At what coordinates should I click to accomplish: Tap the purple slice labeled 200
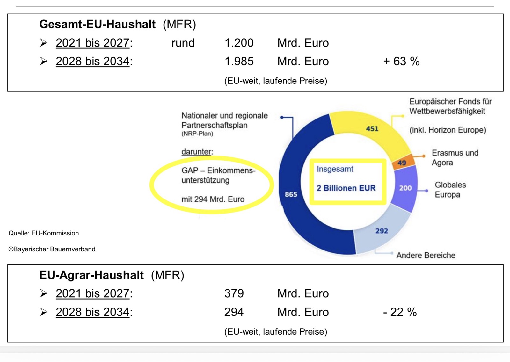(x=405, y=188)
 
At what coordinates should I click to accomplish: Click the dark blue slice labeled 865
(x=291, y=194)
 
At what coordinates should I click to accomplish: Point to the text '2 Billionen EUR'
(x=346, y=188)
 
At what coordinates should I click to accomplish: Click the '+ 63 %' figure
(x=401, y=61)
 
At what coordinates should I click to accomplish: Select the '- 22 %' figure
(x=400, y=312)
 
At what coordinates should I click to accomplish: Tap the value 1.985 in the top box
(x=239, y=61)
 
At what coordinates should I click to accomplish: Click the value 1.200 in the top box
(x=239, y=43)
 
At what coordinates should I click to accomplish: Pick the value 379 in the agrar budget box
(x=234, y=293)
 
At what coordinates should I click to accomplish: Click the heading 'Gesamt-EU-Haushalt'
(x=97, y=24)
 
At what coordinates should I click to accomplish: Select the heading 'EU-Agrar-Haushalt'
(x=91, y=275)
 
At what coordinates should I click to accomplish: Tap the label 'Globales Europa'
(x=450, y=190)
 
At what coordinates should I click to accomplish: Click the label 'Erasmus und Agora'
(x=455, y=157)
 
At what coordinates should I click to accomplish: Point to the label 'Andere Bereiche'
(x=426, y=255)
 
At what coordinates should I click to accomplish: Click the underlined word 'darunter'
(x=197, y=152)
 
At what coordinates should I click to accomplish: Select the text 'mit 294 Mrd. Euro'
(x=213, y=199)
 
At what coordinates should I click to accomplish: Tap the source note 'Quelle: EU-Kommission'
(x=44, y=233)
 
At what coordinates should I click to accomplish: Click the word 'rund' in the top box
(x=183, y=43)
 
